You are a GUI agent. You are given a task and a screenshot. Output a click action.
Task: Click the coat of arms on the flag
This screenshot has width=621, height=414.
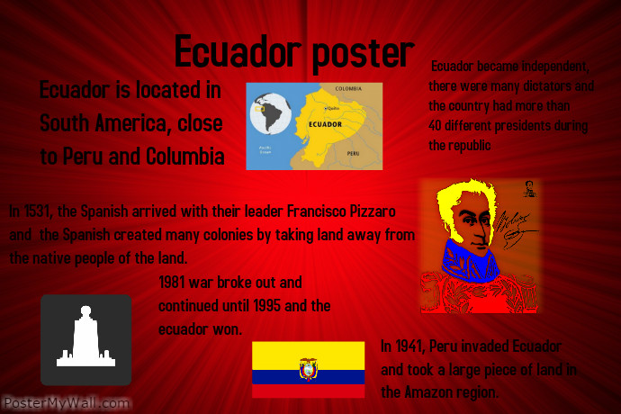tap(309, 368)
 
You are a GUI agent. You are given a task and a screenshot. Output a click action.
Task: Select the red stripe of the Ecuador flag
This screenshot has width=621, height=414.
tap(308, 391)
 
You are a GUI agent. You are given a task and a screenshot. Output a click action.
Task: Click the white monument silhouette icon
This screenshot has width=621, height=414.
tap(85, 339)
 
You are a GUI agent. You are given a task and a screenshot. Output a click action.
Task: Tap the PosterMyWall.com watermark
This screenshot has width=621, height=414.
tap(66, 404)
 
